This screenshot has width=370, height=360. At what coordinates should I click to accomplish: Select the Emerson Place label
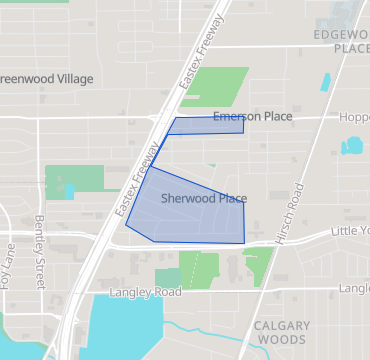252,117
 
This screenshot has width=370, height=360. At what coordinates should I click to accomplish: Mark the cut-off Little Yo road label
350,231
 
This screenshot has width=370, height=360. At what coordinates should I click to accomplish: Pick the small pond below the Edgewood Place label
327,82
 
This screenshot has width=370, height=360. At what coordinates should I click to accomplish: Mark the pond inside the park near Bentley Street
69,189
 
